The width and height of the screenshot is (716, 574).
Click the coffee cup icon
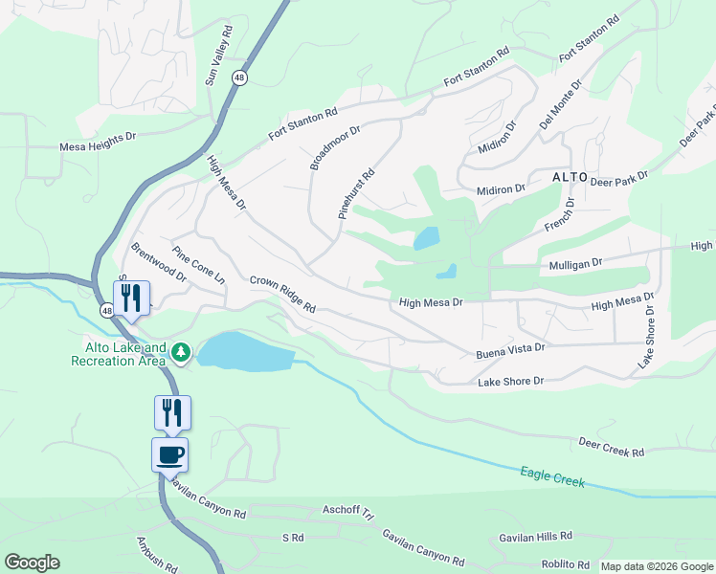[x=170, y=454]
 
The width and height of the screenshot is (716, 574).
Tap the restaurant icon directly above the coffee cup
[x=172, y=412]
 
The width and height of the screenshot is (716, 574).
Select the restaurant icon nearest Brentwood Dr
[x=131, y=298]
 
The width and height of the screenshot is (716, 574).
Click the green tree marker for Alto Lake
[x=181, y=355]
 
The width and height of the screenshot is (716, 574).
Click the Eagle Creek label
[x=552, y=476]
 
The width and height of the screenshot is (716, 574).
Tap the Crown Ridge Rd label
[x=282, y=295]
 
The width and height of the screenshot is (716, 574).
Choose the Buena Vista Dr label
[x=510, y=352]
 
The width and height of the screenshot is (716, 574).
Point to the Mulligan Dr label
[x=574, y=262]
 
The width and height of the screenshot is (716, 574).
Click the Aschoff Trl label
[x=347, y=511]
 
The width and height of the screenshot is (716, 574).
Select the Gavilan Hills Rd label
[x=535, y=537]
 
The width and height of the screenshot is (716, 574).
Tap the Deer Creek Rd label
[x=612, y=446]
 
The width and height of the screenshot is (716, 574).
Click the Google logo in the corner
[x=32, y=563]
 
